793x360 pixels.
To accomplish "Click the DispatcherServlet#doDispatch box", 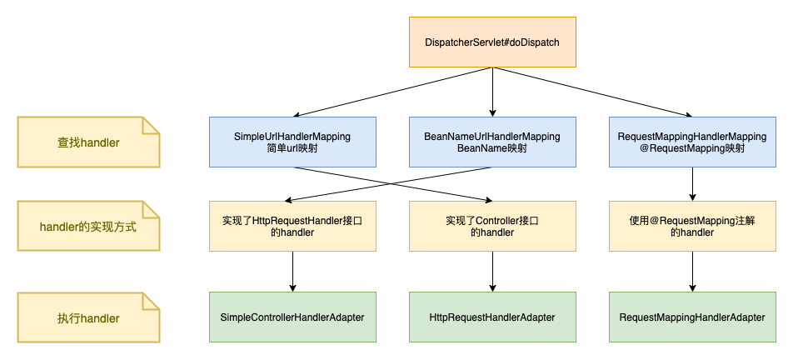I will tap(492, 42).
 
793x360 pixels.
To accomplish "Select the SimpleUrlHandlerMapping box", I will tap(292, 142).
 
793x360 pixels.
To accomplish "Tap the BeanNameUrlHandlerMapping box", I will tap(492, 142).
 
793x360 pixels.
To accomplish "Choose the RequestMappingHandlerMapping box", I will tap(692, 142).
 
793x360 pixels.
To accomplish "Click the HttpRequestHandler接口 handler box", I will tap(292, 226).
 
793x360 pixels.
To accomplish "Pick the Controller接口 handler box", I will tap(492, 226).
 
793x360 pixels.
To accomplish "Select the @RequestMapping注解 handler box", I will tap(692, 226).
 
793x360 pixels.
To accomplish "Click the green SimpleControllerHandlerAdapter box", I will tap(292, 317).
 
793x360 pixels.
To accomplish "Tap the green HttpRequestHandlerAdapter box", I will tap(492, 317).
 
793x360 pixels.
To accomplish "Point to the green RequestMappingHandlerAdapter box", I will tap(692, 317).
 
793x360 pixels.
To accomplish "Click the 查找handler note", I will tap(87, 142).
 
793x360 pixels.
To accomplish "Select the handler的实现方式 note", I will tap(87, 226).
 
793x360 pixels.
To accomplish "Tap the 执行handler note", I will tap(87, 317).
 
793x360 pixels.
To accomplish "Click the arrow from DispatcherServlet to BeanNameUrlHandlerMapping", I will tap(492, 92).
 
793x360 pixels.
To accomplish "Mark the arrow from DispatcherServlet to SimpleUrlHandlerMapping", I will tap(392, 92).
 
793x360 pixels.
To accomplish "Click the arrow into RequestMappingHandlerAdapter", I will tap(692, 272).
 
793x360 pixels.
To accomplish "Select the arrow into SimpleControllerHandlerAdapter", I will tap(292, 272).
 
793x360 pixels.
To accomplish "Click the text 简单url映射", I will tap(292, 148).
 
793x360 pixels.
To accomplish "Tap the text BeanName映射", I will tap(492, 148).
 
